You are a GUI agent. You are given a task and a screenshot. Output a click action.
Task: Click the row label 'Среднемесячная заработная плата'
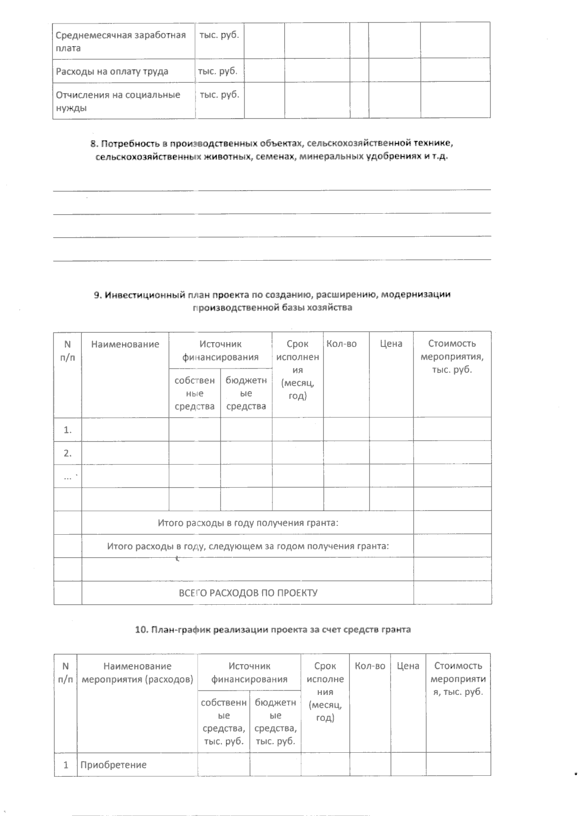[x=121, y=41]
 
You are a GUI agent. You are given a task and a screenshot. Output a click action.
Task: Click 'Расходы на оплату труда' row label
[x=112, y=71]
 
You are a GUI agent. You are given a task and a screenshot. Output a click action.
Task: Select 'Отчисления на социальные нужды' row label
[x=118, y=101]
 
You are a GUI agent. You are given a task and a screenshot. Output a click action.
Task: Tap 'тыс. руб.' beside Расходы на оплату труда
[x=218, y=71]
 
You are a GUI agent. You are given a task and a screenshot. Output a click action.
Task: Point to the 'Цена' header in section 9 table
[x=391, y=344]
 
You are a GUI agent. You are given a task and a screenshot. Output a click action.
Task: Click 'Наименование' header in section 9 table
[x=125, y=344]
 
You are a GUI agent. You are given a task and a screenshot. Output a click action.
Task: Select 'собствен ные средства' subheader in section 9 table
[x=195, y=393]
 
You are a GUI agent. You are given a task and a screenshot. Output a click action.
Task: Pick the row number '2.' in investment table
[x=68, y=453]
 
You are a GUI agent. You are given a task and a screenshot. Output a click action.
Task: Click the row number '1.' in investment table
[x=68, y=430]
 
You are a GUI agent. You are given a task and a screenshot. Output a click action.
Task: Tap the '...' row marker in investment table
[x=68, y=476]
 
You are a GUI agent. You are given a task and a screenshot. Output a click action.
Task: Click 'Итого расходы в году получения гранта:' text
[x=248, y=522]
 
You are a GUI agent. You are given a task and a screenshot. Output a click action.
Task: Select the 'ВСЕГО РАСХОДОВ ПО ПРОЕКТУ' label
[x=248, y=593]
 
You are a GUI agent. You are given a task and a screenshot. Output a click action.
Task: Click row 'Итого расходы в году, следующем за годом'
[x=248, y=546]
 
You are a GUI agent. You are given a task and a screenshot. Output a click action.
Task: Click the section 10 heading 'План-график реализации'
[x=272, y=630]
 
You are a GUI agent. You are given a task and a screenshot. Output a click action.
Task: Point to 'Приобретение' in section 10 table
[x=113, y=765]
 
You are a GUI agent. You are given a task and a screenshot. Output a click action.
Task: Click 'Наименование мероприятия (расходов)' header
[x=137, y=672]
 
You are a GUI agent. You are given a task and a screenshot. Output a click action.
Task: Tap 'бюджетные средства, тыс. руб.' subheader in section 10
[x=275, y=721]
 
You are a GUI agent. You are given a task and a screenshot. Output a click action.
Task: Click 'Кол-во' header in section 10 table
[x=370, y=666]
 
